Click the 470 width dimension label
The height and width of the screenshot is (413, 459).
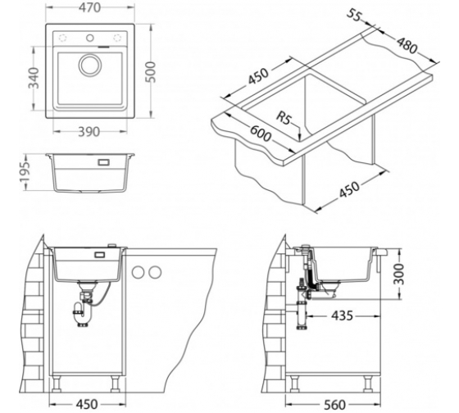click(89, 8)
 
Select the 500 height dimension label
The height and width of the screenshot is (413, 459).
click(151, 72)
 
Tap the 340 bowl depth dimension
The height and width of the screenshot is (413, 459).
click(34, 78)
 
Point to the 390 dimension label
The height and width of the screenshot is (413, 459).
click(89, 132)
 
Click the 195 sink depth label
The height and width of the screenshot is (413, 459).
click(25, 172)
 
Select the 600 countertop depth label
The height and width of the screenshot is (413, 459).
click(261, 134)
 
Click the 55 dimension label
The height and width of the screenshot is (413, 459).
click(354, 16)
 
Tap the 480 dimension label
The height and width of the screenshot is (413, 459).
click(407, 45)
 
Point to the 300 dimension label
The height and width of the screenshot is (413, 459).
click(398, 274)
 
